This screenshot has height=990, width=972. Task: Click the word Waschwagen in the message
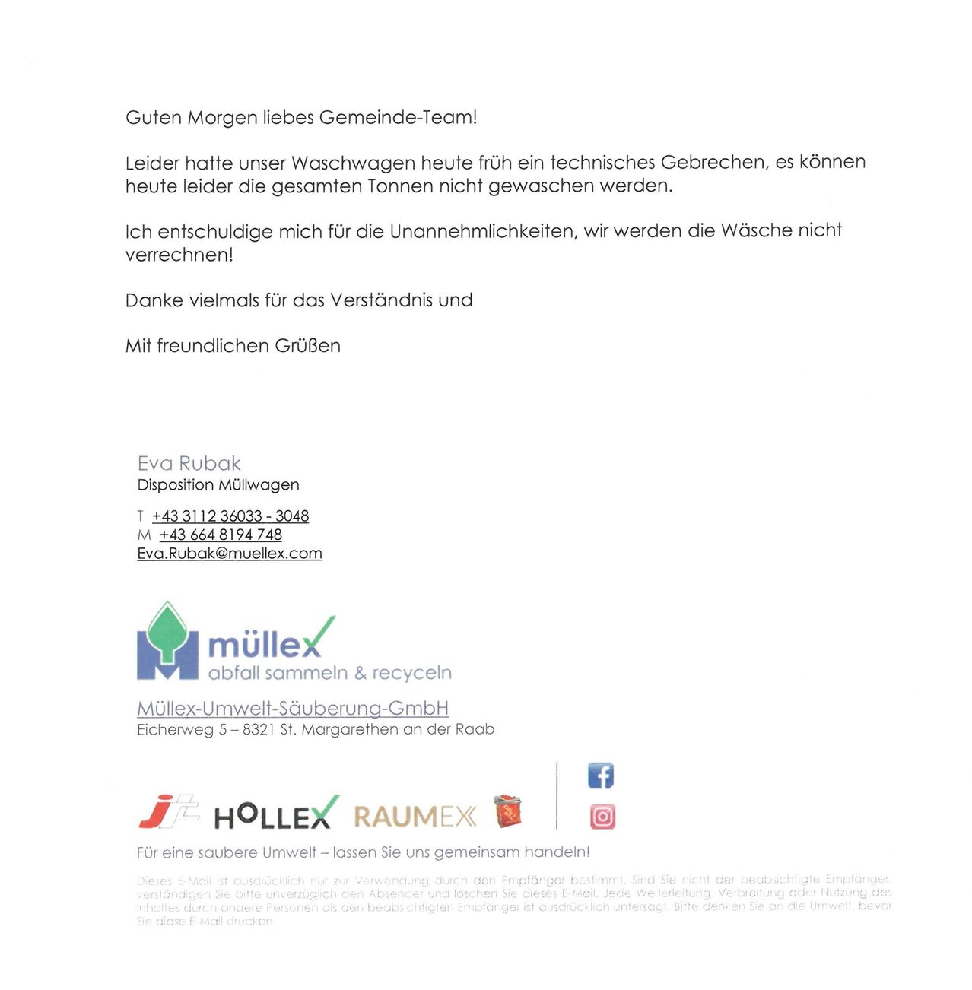click(353, 163)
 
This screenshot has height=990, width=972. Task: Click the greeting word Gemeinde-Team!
click(398, 118)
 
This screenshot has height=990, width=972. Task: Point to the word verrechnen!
click(179, 255)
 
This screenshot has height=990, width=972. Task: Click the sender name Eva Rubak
click(189, 463)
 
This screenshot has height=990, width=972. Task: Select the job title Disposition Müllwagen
click(218, 485)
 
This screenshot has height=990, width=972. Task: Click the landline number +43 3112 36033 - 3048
click(230, 516)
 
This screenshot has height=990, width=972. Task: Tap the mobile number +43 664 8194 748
click(221, 535)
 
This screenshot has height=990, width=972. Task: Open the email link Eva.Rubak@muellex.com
click(230, 554)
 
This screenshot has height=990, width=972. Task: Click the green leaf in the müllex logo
click(167, 629)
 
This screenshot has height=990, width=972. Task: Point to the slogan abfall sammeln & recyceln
click(329, 674)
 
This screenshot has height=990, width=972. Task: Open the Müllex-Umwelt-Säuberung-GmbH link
click(293, 709)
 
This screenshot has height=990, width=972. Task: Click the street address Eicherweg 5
click(182, 730)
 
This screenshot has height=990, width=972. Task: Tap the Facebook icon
click(601, 776)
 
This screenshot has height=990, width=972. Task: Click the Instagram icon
click(602, 817)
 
